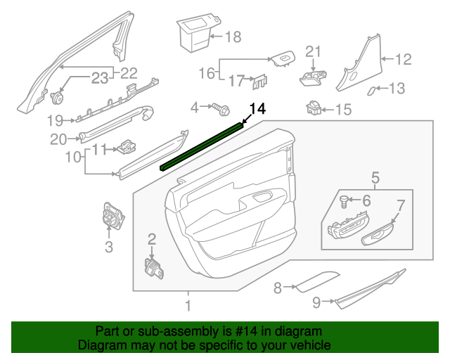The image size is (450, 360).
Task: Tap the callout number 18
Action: [233, 36]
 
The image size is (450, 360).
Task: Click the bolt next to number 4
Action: [221, 108]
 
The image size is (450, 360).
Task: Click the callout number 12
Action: [402, 60]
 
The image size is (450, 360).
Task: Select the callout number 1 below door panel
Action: [188, 306]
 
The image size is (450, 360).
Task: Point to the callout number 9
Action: [317, 302]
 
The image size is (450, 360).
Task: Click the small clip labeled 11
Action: [127, 147]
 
